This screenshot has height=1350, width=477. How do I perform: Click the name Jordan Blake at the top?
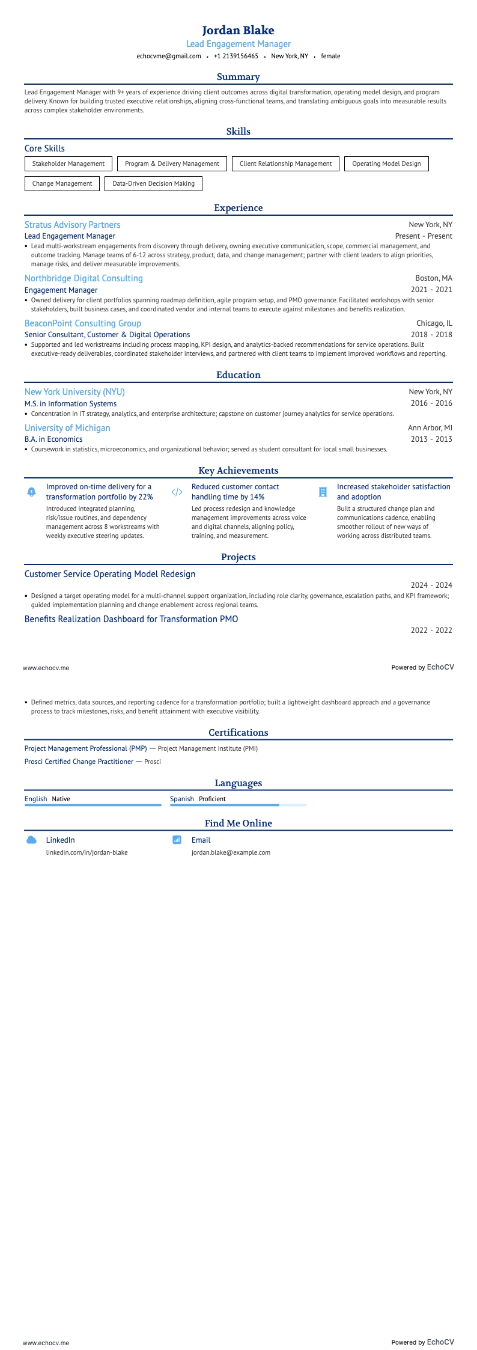coord(238,30)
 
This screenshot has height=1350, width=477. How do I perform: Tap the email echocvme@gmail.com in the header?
coord(169,56)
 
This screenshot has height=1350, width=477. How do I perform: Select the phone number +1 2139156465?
coord(235,56)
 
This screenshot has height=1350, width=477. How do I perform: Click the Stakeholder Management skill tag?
coord(68,163)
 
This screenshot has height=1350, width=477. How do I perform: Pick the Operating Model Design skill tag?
coord(386,163)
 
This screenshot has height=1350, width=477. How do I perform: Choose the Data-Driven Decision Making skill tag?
coord(153,183)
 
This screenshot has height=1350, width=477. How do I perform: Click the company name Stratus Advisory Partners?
coord(72,225)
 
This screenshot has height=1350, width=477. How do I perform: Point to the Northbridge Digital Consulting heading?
coord(84,278)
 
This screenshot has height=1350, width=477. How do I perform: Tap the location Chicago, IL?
coord(434,323)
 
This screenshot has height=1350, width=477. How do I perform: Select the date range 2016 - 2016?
coord(431,403)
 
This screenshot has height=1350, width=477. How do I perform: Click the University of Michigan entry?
coord(67,428)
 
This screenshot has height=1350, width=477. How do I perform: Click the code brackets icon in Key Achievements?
coord(177,492)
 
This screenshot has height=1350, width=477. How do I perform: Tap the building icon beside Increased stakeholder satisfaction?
coord(323,492)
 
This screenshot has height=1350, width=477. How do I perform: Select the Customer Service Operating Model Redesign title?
coord(110,574)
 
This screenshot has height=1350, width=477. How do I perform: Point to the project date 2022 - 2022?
coord(431,631)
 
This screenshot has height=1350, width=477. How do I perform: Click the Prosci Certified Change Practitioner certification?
coord(79,762)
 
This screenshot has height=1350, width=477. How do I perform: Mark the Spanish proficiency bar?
coord(238,805)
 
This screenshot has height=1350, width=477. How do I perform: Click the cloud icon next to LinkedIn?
coord(32,840)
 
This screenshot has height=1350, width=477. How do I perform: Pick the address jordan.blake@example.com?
coord(231,852)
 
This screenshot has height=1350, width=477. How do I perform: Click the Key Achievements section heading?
coord(238,471)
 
